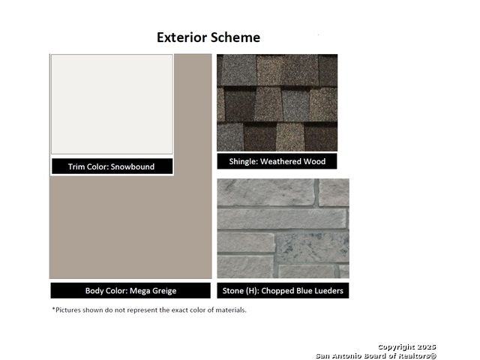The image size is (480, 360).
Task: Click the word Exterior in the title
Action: [x=181, y=37]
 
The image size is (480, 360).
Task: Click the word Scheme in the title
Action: [x=235, y=37]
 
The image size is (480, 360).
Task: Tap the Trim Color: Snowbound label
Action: [x=112, y=166]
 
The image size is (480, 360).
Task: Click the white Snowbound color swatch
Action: [x=112, y=104]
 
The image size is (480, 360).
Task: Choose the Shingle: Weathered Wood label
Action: [x=277, y=161]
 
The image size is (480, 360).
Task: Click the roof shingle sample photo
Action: [x=277, y=103]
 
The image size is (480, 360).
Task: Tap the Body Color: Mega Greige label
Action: [x=130, y=290]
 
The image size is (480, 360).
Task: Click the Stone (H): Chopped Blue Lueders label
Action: [x=283, y=290]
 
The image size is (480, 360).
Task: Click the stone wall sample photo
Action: [x=283, y=228]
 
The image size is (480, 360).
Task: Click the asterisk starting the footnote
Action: [x=53, y=309]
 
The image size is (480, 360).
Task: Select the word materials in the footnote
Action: [x=231, y=310]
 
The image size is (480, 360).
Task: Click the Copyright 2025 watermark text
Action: [x=406, y=346]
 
